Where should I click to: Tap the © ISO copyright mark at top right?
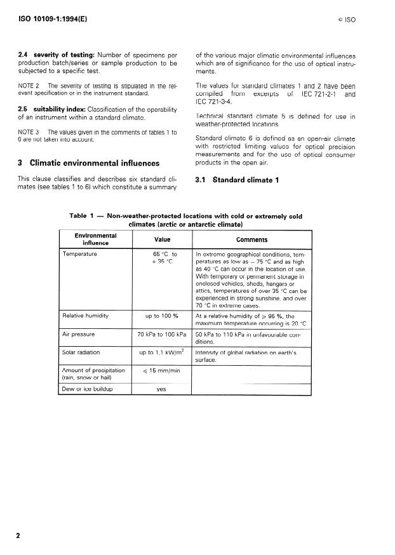point(346,20)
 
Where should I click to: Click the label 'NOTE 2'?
point(29,84)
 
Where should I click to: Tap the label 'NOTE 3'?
point(29,131)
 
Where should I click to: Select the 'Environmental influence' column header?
point(95,239)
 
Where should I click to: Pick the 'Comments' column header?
point(251,239)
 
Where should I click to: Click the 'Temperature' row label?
point(79,254)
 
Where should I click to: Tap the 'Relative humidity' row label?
point(85,315)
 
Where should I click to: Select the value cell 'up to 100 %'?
point(161,315)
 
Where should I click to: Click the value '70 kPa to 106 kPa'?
point(161,333)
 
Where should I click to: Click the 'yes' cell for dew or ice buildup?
point(161,389)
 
